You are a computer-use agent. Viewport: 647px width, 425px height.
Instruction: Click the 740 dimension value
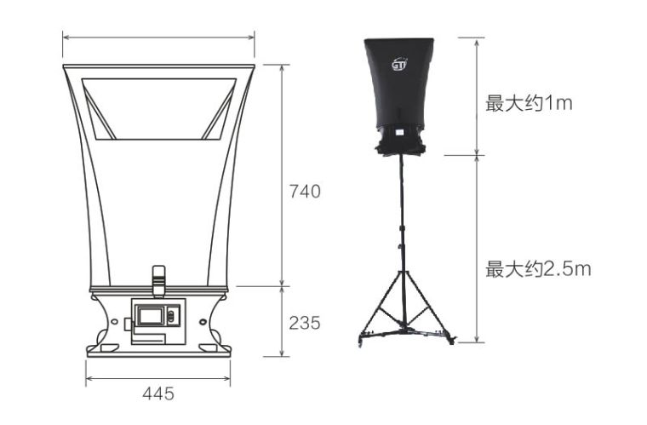pos(305,192)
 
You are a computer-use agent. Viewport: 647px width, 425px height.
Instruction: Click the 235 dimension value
pos(305,323)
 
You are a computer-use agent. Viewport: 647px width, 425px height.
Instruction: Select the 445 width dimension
pos(158,393)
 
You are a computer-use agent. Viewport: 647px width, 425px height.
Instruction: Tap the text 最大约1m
pos(529,103)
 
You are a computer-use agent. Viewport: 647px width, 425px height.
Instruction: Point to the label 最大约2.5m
pos(538,269)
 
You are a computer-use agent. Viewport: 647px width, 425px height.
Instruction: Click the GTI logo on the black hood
pos(399,65)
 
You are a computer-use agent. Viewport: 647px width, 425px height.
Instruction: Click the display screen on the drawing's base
pos(151,316)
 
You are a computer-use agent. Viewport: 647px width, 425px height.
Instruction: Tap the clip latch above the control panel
pos(159,281)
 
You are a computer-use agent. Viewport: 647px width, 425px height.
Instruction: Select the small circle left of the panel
pos(114,321)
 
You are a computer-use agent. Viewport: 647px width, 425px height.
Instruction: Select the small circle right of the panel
pos(203,321)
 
